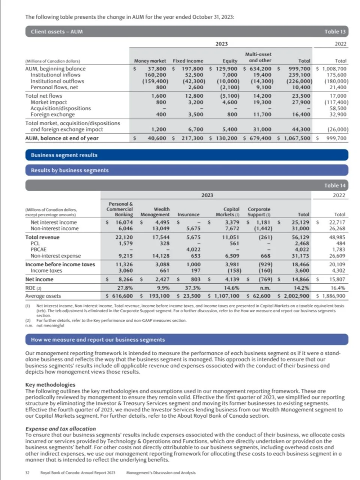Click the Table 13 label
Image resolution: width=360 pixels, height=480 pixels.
[334, 32]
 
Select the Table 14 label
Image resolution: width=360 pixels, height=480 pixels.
[334, 185]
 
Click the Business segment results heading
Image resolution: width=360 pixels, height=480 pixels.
[64, 155]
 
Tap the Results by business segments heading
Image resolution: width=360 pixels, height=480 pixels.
[70, 170]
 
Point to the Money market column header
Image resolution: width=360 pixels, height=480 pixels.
[150, 61]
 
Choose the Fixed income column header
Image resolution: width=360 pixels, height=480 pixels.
[188, 61]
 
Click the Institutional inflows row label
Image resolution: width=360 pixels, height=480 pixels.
[55, 75]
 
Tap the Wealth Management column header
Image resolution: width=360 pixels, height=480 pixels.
[155, 212]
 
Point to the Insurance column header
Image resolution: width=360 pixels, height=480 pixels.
[188, 214]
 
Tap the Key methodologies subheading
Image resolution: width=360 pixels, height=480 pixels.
[50, 385]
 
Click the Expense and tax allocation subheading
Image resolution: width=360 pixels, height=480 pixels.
[60, 429]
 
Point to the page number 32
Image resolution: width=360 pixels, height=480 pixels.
[27, 473]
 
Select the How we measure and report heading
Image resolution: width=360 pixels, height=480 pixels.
[97, 340]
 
